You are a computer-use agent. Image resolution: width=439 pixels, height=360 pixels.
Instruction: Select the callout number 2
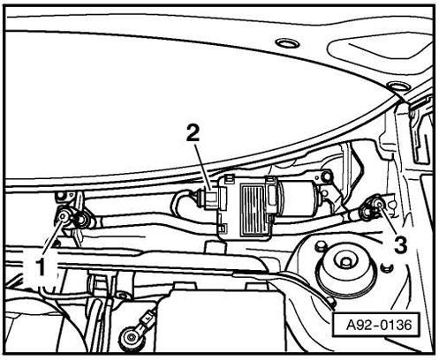193,134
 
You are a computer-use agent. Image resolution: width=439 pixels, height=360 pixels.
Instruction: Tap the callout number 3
401,244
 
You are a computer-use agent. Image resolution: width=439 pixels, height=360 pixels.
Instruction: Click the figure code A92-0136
379,325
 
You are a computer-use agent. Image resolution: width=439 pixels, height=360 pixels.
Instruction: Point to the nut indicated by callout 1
64,217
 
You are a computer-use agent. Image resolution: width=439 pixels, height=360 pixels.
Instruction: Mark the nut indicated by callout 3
379,204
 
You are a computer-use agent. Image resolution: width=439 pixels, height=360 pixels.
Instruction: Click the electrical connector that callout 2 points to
209,199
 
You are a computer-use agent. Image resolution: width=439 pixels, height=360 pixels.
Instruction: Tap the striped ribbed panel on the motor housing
254,209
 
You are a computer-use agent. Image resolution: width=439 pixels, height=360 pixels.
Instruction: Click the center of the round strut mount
345,262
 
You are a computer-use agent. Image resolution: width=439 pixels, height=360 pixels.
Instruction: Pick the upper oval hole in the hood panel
287,43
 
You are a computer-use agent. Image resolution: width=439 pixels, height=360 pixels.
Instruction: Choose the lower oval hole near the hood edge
398,86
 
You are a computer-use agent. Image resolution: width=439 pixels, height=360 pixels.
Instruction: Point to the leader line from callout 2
203,166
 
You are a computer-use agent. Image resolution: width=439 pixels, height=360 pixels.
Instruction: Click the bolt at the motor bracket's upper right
326,176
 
